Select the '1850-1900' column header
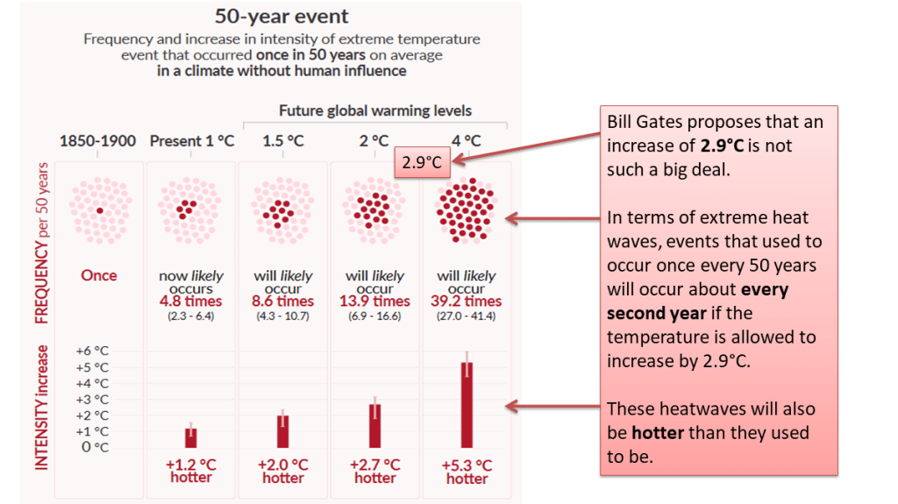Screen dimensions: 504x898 coord(98,140)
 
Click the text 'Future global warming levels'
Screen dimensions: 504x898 coord(375,110)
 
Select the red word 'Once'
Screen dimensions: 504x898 coord(99,275)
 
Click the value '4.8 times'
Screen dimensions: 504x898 coord(191,301)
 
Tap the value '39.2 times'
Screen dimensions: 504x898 coord(467,301)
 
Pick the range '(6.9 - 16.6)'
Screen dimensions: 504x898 coord(375,316)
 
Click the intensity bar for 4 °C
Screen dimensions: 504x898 coord(467,404)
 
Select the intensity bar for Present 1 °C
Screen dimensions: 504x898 coord(191,437)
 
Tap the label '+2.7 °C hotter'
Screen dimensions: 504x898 coord(375,471)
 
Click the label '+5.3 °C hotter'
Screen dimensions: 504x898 coord(467,472)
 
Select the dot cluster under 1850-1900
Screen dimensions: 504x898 coord(99,210)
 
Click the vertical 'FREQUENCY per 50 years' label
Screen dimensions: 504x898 coord(41,243)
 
